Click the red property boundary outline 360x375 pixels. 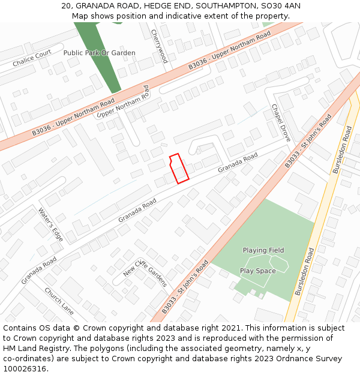coord(179,168)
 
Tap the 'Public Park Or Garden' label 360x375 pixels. coord(99,53)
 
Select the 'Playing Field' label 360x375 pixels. coord(263,250)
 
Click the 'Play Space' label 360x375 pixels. coord(258,271)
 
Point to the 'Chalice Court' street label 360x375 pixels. coord(32,59)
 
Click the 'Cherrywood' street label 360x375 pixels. coord(159,46)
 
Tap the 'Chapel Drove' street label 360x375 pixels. coord(281,123)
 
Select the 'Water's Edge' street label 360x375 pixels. coord(50,224)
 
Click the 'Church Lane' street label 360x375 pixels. coord(59,299)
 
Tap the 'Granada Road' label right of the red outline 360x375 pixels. coord(238,163)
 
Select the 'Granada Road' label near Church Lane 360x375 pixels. coord(39,271)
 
